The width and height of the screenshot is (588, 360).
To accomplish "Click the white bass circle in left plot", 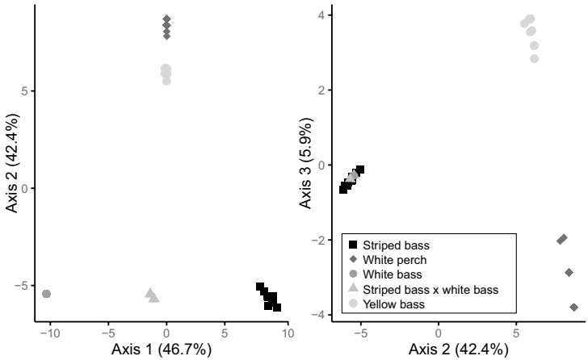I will tap(46, 294).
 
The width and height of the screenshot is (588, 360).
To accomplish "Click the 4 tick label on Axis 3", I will tap(321, 15).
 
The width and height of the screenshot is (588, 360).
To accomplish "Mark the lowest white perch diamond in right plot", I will tap(574, 308).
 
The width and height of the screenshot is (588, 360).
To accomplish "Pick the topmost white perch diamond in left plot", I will tap(166, 19).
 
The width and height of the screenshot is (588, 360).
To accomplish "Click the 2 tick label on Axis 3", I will tap(321, 90).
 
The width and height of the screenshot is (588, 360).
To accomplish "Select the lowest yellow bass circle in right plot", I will tap(535, 58).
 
